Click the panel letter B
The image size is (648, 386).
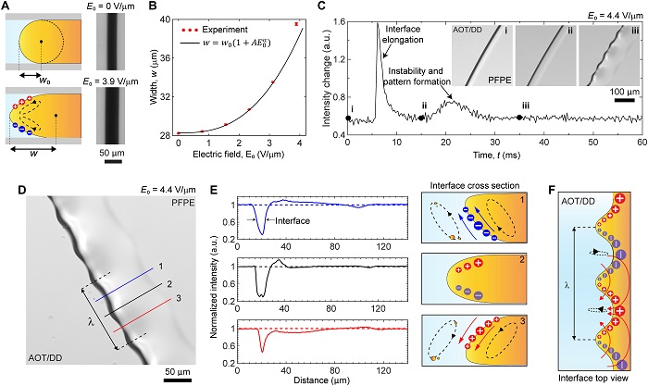147,9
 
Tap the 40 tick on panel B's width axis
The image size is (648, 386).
163,19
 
